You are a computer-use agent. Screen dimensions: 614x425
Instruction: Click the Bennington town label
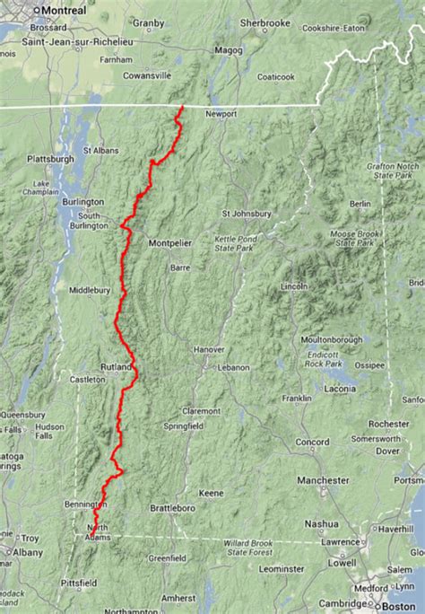click(85, 505)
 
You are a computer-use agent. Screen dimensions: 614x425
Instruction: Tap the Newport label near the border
click(220, 115)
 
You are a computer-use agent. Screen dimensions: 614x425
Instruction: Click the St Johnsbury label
click(246, 214)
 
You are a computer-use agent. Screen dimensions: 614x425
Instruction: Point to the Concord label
click(313, 443)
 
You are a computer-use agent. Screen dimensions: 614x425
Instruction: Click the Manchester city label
click(324, 481)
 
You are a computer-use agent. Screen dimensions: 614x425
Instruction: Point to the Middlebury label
click(90, 291)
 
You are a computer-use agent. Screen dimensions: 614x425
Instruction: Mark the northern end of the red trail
click(182, 107)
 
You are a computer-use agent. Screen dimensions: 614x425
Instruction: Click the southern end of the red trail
click(91, 539)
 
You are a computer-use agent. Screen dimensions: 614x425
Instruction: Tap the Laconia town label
click(338, 389)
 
